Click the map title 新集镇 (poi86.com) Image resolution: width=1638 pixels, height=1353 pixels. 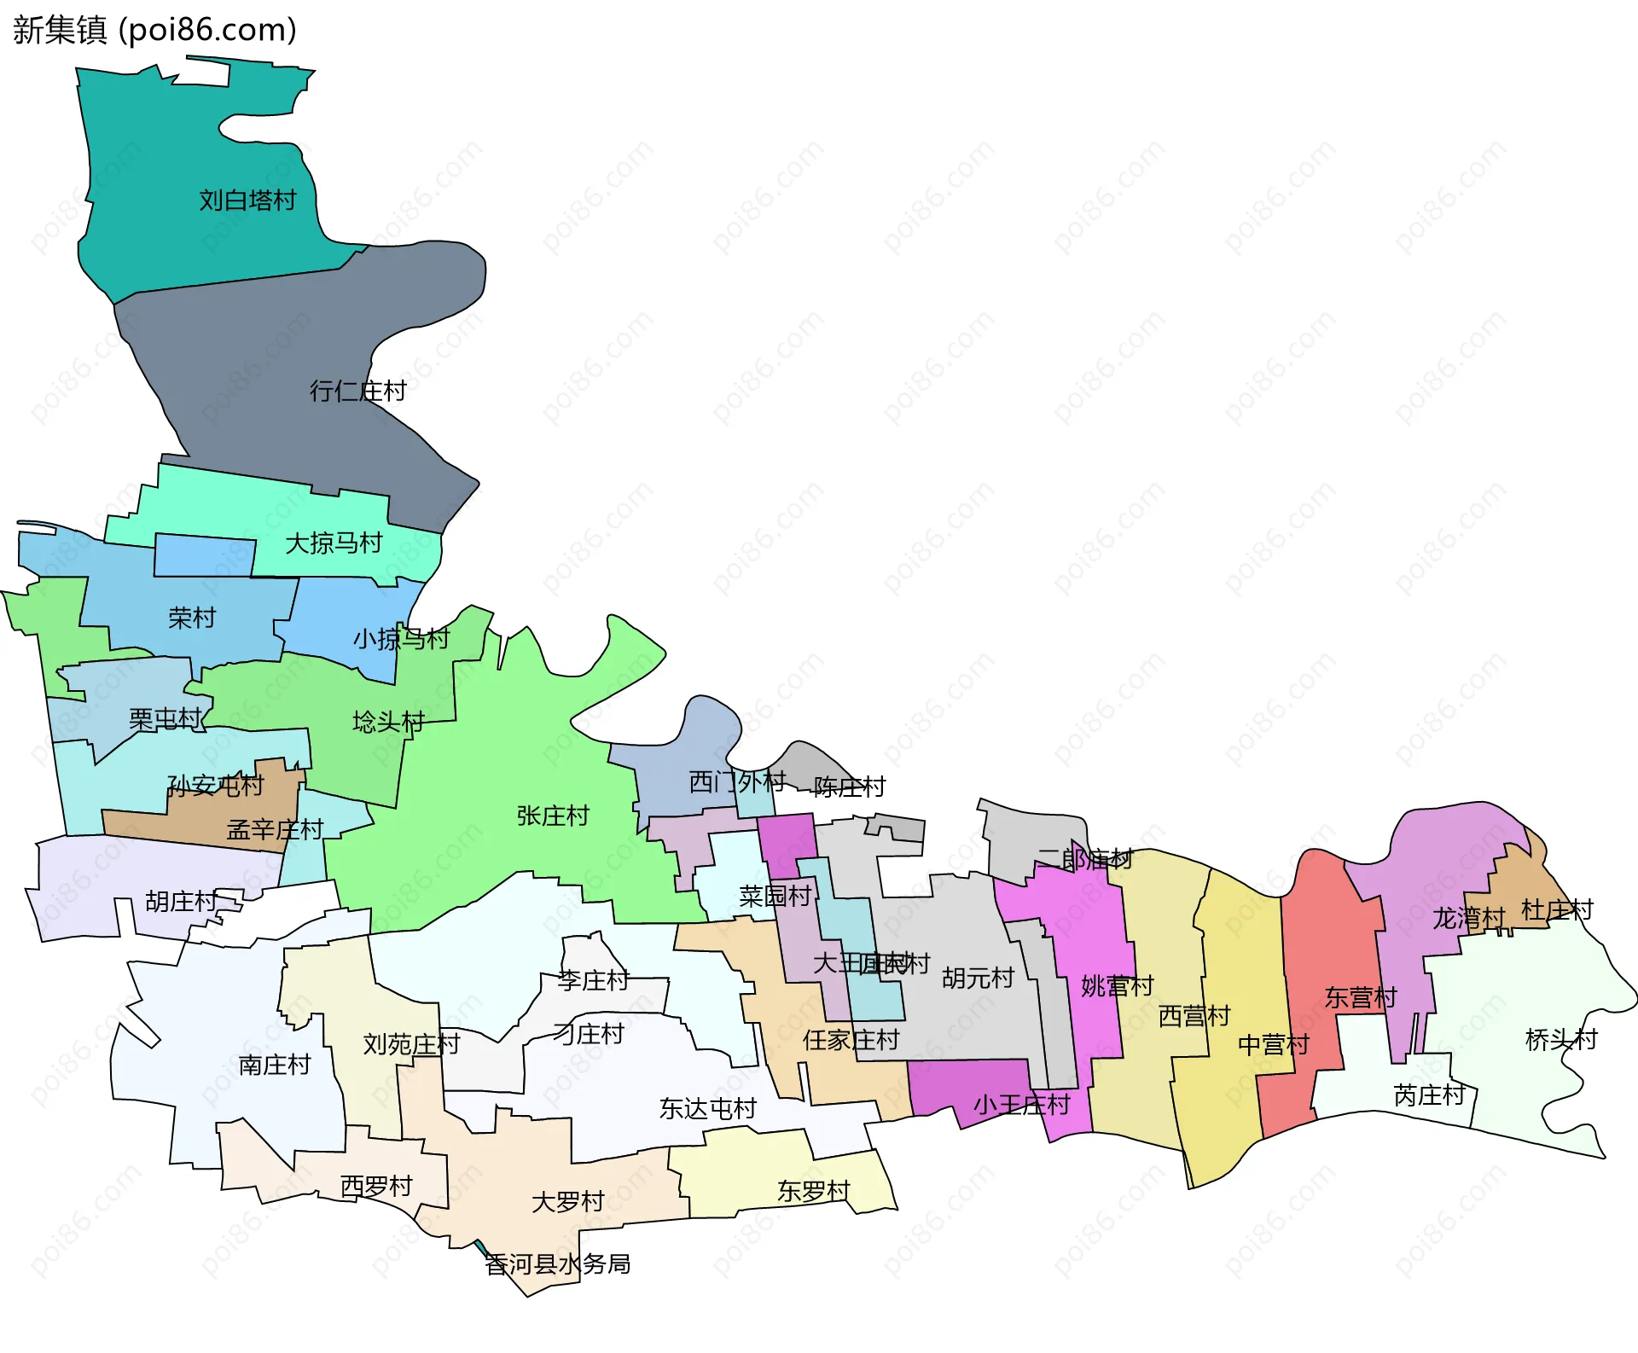pyautogui.click(x=154, y=30)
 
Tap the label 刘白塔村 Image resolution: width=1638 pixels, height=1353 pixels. pyautogui.click(x=247, y=200)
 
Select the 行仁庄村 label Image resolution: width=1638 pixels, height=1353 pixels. pyautogui.click(x=357, y=391)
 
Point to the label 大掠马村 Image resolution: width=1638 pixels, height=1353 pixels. pyautogui.click(x=333, y=543)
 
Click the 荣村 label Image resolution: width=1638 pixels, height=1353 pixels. pyautogui.click(x=192, y=618)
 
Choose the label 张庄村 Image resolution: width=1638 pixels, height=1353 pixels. pyautogui.click(x=553, y=816)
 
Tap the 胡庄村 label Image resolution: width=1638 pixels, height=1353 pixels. pyautogui.click(x=181, y=901)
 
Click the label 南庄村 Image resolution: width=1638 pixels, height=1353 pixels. pyautogui.click(x=275, y=1065)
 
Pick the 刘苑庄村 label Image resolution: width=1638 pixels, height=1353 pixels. pyautogui.click(x=411, y=1044)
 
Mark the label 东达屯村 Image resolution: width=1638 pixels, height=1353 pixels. pyautogui.click(x=707, y=1108)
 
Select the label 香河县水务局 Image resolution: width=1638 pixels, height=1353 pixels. pyautogui.click(x=558, y=1263)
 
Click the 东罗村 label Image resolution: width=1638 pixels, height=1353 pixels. pyautogui.click(x=814, y=1191)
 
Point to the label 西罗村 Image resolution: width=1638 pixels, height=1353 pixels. pyautogui.click(x=376, y=1186)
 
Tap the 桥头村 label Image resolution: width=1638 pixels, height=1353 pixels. pyautogui.click(x=1560, y=1039)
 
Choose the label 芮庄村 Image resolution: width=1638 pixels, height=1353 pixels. pyautogui.click(x=1429, y=1095)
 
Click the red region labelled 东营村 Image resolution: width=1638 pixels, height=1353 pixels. pyautogui.click(x=1322, y=938)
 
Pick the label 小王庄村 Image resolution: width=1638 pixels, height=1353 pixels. pyautogui.click(x=1021, y=1105)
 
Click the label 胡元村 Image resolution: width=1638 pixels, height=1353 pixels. pyautogui.click(x=978, y=978)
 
